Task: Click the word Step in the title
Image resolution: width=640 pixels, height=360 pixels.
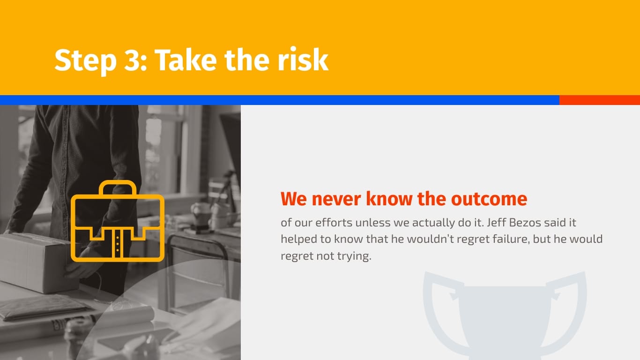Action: (85, 60)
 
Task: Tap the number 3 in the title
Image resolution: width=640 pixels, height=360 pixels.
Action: (132, 60)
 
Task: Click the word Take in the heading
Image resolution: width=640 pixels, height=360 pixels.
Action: (186, 60)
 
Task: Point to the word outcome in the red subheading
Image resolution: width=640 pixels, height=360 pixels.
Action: (489, 199)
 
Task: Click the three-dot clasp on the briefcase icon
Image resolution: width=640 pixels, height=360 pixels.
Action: (118, 244)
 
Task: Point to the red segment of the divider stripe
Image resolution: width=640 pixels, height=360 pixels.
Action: (599, 100)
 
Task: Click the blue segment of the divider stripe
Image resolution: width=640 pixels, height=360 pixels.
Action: (279, 100)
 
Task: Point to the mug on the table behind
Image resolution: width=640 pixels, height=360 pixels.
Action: (201, 213)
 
